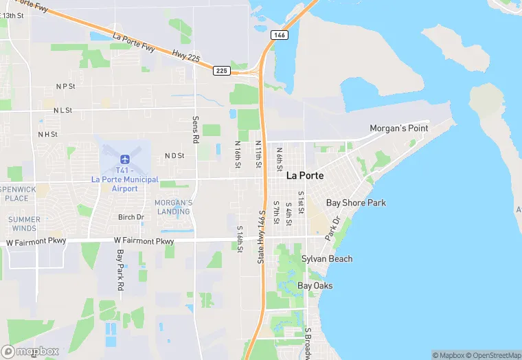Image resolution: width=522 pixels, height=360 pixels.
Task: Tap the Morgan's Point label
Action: click(399, 128)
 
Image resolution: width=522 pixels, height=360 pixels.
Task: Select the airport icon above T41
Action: click(124, 159)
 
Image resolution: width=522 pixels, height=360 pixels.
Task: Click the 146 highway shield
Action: click(278, 34)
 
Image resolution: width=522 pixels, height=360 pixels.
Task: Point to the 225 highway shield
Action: click(221, 70)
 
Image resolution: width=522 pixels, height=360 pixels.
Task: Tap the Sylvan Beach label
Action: click(327, 259)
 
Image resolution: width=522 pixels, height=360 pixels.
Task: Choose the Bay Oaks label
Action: click(315, 285)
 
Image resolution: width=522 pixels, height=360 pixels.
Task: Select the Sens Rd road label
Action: click(196, 129)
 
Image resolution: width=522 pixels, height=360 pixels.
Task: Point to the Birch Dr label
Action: click(130, 217)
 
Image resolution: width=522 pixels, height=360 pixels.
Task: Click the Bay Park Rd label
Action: click(120, 268)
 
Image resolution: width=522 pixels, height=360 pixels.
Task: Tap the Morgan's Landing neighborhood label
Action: click(173, 207)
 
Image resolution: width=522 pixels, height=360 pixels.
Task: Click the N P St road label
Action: click(66, 87)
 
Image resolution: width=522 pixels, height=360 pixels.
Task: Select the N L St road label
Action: click(63, 109)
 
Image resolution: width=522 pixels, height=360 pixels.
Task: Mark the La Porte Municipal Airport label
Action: click(124, 184)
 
